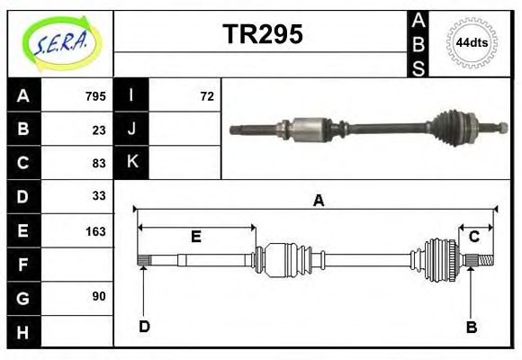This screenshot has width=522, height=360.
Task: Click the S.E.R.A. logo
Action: [x=61, y=42]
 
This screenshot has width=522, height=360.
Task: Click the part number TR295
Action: [x=262, y=34]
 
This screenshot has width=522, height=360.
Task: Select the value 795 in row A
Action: [x=95, y=96]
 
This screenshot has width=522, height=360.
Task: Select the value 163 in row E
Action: [x=95, y=230]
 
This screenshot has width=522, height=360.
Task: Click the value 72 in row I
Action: [x=207, y=96]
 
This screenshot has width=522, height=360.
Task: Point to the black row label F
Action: [x=23, y=265]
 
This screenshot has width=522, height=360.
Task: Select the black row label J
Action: [x=131, y=130]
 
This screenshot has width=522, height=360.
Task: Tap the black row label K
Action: [x=131, y=163]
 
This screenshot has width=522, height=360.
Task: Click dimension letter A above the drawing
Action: [x=317, y=201]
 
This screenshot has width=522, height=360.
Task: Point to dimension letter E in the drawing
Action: [x=195, y=237]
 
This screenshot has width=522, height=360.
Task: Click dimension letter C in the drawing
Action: [x=473, y=236]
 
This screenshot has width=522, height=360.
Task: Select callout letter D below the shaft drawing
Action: [x=144, y=327]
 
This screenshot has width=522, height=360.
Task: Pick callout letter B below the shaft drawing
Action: [x=471, y=327]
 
